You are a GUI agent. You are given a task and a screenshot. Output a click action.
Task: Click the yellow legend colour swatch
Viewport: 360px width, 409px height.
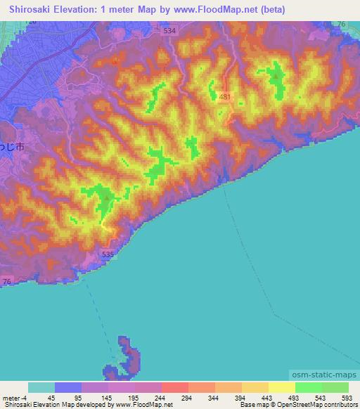tap(281, 387)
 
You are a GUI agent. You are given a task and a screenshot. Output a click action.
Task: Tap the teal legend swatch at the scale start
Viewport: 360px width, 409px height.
tap(41, 387)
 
